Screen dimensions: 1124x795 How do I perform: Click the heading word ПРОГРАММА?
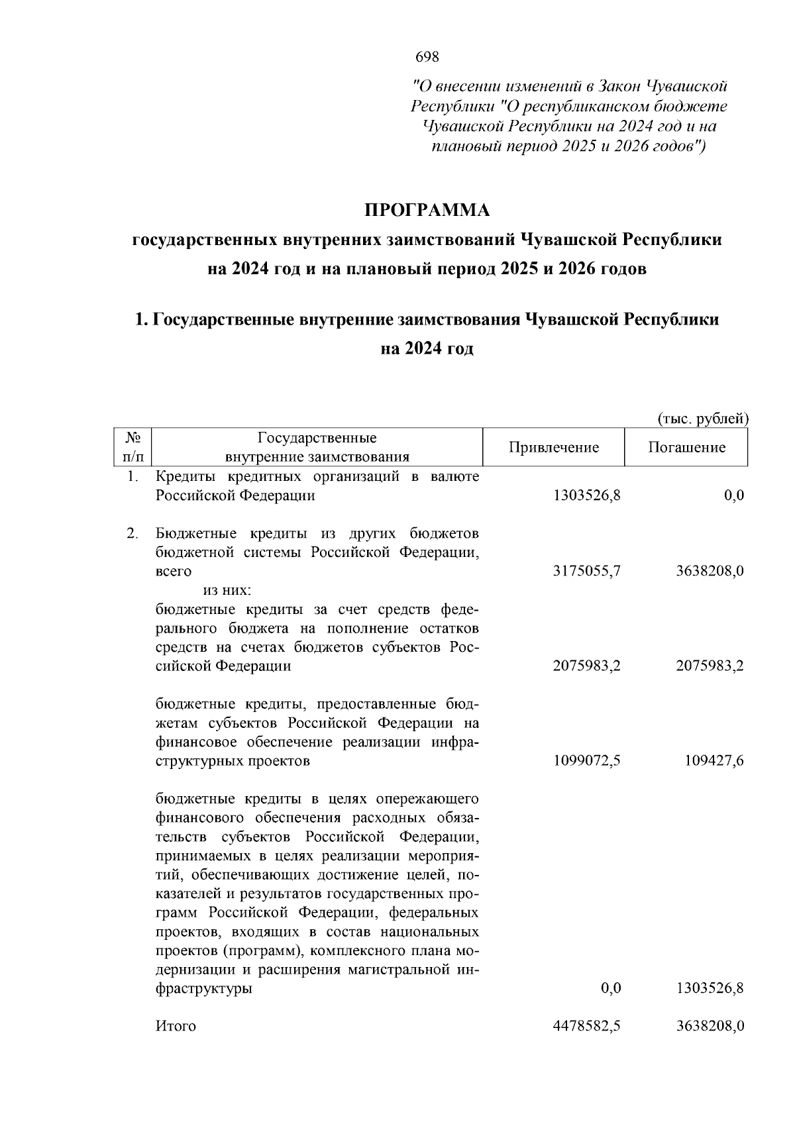tap(427, 211)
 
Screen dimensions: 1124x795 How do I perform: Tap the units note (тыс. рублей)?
tap(703, 419)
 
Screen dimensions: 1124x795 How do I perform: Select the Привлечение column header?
tap(554, 448)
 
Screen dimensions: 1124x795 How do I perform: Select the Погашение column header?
tap(686, 448)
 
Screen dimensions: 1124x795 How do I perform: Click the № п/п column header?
tap(133, 447)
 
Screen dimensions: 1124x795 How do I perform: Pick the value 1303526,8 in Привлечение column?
tap(587, 495)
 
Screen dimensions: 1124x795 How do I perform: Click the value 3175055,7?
tap(587, 571)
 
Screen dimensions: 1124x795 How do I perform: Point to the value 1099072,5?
tap(587, 760)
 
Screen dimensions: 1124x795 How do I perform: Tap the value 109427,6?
tap(714, 760)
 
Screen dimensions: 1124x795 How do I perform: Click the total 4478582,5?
tap(587, 1026)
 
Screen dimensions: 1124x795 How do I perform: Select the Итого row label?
tap(176, 1027)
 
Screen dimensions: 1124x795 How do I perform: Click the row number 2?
tap(132, 533)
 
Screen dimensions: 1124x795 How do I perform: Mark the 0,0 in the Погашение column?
tap(734, 495)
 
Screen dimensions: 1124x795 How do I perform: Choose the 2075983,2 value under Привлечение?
tap(587, 666)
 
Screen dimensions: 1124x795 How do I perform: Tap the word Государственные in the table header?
tap(317, 438)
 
